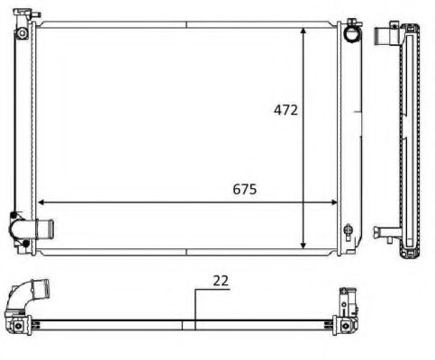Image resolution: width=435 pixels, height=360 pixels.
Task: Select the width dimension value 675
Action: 245,189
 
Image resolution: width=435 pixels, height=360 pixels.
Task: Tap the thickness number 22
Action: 220,280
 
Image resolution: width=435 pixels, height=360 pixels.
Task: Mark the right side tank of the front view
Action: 348,135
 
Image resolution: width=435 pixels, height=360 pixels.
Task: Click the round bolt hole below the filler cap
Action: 20,37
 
